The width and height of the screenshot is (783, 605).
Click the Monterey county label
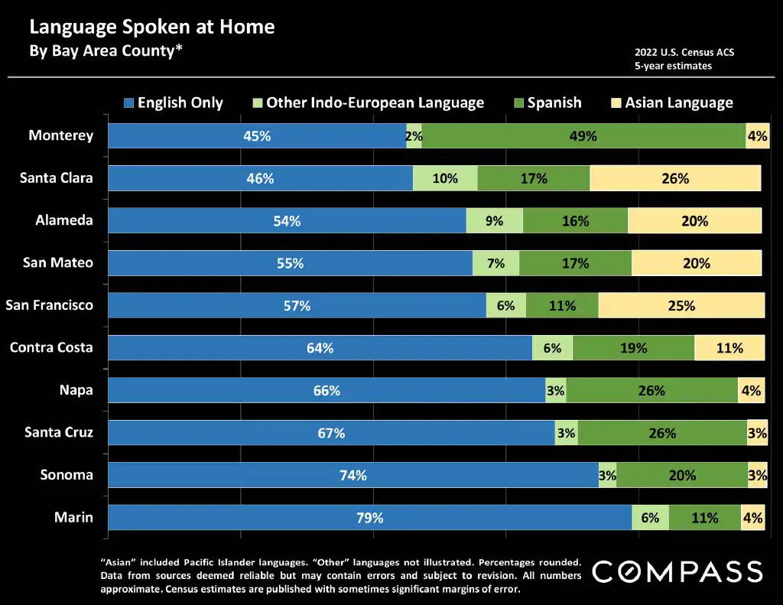tap(61, 135)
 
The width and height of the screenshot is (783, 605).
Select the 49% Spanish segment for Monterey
tap(583, 136)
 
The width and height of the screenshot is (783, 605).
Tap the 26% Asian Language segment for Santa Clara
tap(675, 178)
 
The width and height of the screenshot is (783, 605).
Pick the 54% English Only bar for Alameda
tap(287, 221)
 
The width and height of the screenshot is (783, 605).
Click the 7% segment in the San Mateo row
tap(495, 263)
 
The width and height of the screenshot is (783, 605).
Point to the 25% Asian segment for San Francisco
tap(681, 306)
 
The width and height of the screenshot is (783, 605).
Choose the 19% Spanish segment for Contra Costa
tap(633, 348)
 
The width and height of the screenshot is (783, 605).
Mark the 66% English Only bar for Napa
tap(327, 391)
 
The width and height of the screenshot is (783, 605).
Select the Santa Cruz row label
tap(59, 432)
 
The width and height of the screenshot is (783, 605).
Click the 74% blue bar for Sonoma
tap(353, 475)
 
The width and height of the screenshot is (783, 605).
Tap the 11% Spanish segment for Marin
tap(704, 518)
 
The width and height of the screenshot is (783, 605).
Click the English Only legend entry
tap(174, 102)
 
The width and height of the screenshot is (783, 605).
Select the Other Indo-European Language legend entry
tap(368, 102)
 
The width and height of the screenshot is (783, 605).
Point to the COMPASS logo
tap(677, 571)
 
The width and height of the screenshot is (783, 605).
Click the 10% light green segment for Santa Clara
tap(445, 178)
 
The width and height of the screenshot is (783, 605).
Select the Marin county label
tap(73, 517)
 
